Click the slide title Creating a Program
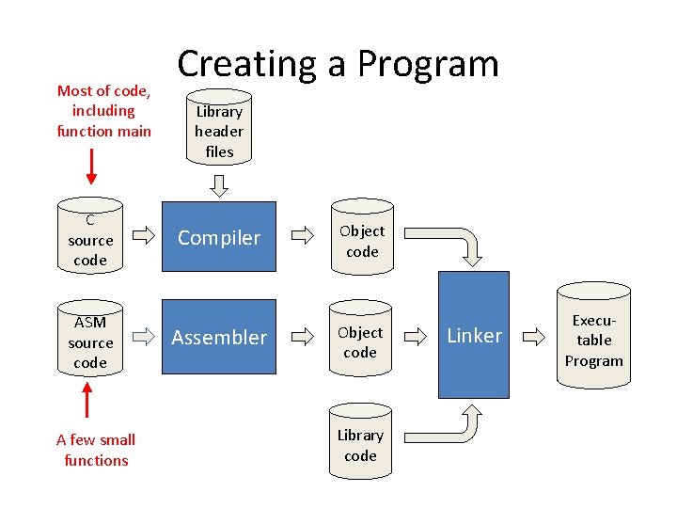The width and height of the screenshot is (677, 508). click(x=338, y=64)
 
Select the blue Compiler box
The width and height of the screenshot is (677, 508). click(x=219, y=237)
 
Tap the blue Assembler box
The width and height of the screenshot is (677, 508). click(x=219, y=337)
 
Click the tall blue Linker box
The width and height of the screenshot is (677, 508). click(x=474, y=335)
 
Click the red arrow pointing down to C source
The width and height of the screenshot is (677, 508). click(x=90, y=166)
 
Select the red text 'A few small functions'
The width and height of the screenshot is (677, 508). click(x=96, y=450)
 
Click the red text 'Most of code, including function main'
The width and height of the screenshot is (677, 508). click(x=103, y=111)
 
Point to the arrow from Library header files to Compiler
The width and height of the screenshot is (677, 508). click(x=219, y=186)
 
